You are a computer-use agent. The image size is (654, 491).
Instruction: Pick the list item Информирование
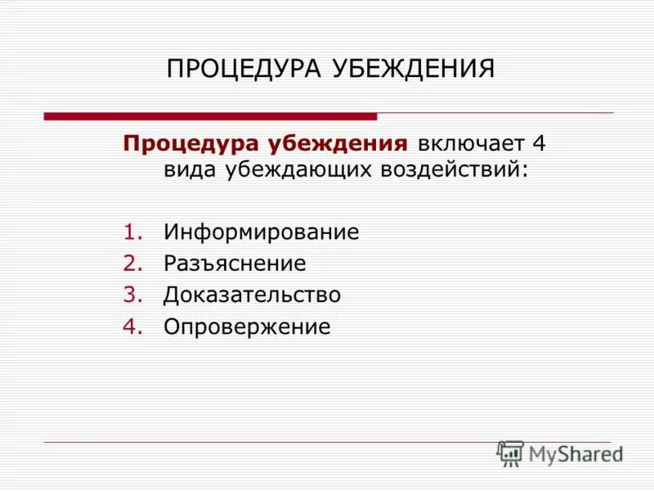261,232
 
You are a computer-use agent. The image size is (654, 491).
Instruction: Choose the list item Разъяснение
235,264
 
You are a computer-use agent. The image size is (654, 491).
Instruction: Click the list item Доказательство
252,295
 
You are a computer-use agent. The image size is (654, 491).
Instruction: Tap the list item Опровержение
247,327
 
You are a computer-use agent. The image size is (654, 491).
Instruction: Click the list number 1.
132,232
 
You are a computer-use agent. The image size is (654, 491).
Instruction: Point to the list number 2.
132,264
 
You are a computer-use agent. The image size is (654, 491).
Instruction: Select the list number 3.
132,295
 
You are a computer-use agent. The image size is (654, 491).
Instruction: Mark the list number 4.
132,327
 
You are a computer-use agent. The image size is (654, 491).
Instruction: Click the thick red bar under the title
210,117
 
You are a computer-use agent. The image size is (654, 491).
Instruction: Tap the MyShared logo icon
510,453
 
